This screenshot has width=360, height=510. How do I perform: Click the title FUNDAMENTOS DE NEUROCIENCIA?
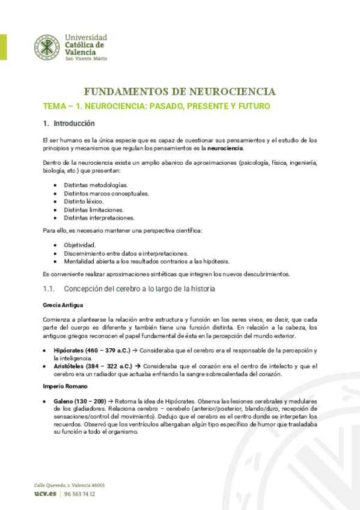180,92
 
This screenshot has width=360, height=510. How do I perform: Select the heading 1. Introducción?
69,124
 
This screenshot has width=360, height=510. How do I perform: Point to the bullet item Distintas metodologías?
96,185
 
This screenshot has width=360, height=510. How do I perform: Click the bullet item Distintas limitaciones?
94,210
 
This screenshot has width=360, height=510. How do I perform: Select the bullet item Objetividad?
80,245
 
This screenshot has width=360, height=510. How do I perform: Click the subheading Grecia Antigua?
64,305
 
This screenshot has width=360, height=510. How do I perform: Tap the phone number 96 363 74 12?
79,494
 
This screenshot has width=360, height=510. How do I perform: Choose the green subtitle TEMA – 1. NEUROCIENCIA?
156,106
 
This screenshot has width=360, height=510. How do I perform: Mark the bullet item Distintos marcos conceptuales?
106,194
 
